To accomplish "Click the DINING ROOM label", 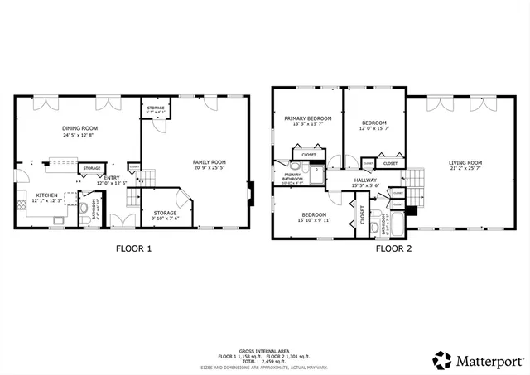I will click(80, 128).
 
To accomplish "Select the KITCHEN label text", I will click(46, 195).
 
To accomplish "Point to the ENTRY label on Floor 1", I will click(111, 177).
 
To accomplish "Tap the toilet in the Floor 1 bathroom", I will click(84, 207).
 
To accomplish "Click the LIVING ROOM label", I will click(465, 162).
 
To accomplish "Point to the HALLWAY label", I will click(365, 180).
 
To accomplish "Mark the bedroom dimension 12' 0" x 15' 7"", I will click(373, 128).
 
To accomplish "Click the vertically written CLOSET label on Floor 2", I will click(363, 214).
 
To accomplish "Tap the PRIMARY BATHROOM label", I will click(292, 176).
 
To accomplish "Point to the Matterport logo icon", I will click(442, 360).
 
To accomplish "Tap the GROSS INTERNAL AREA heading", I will click(264, 350).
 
